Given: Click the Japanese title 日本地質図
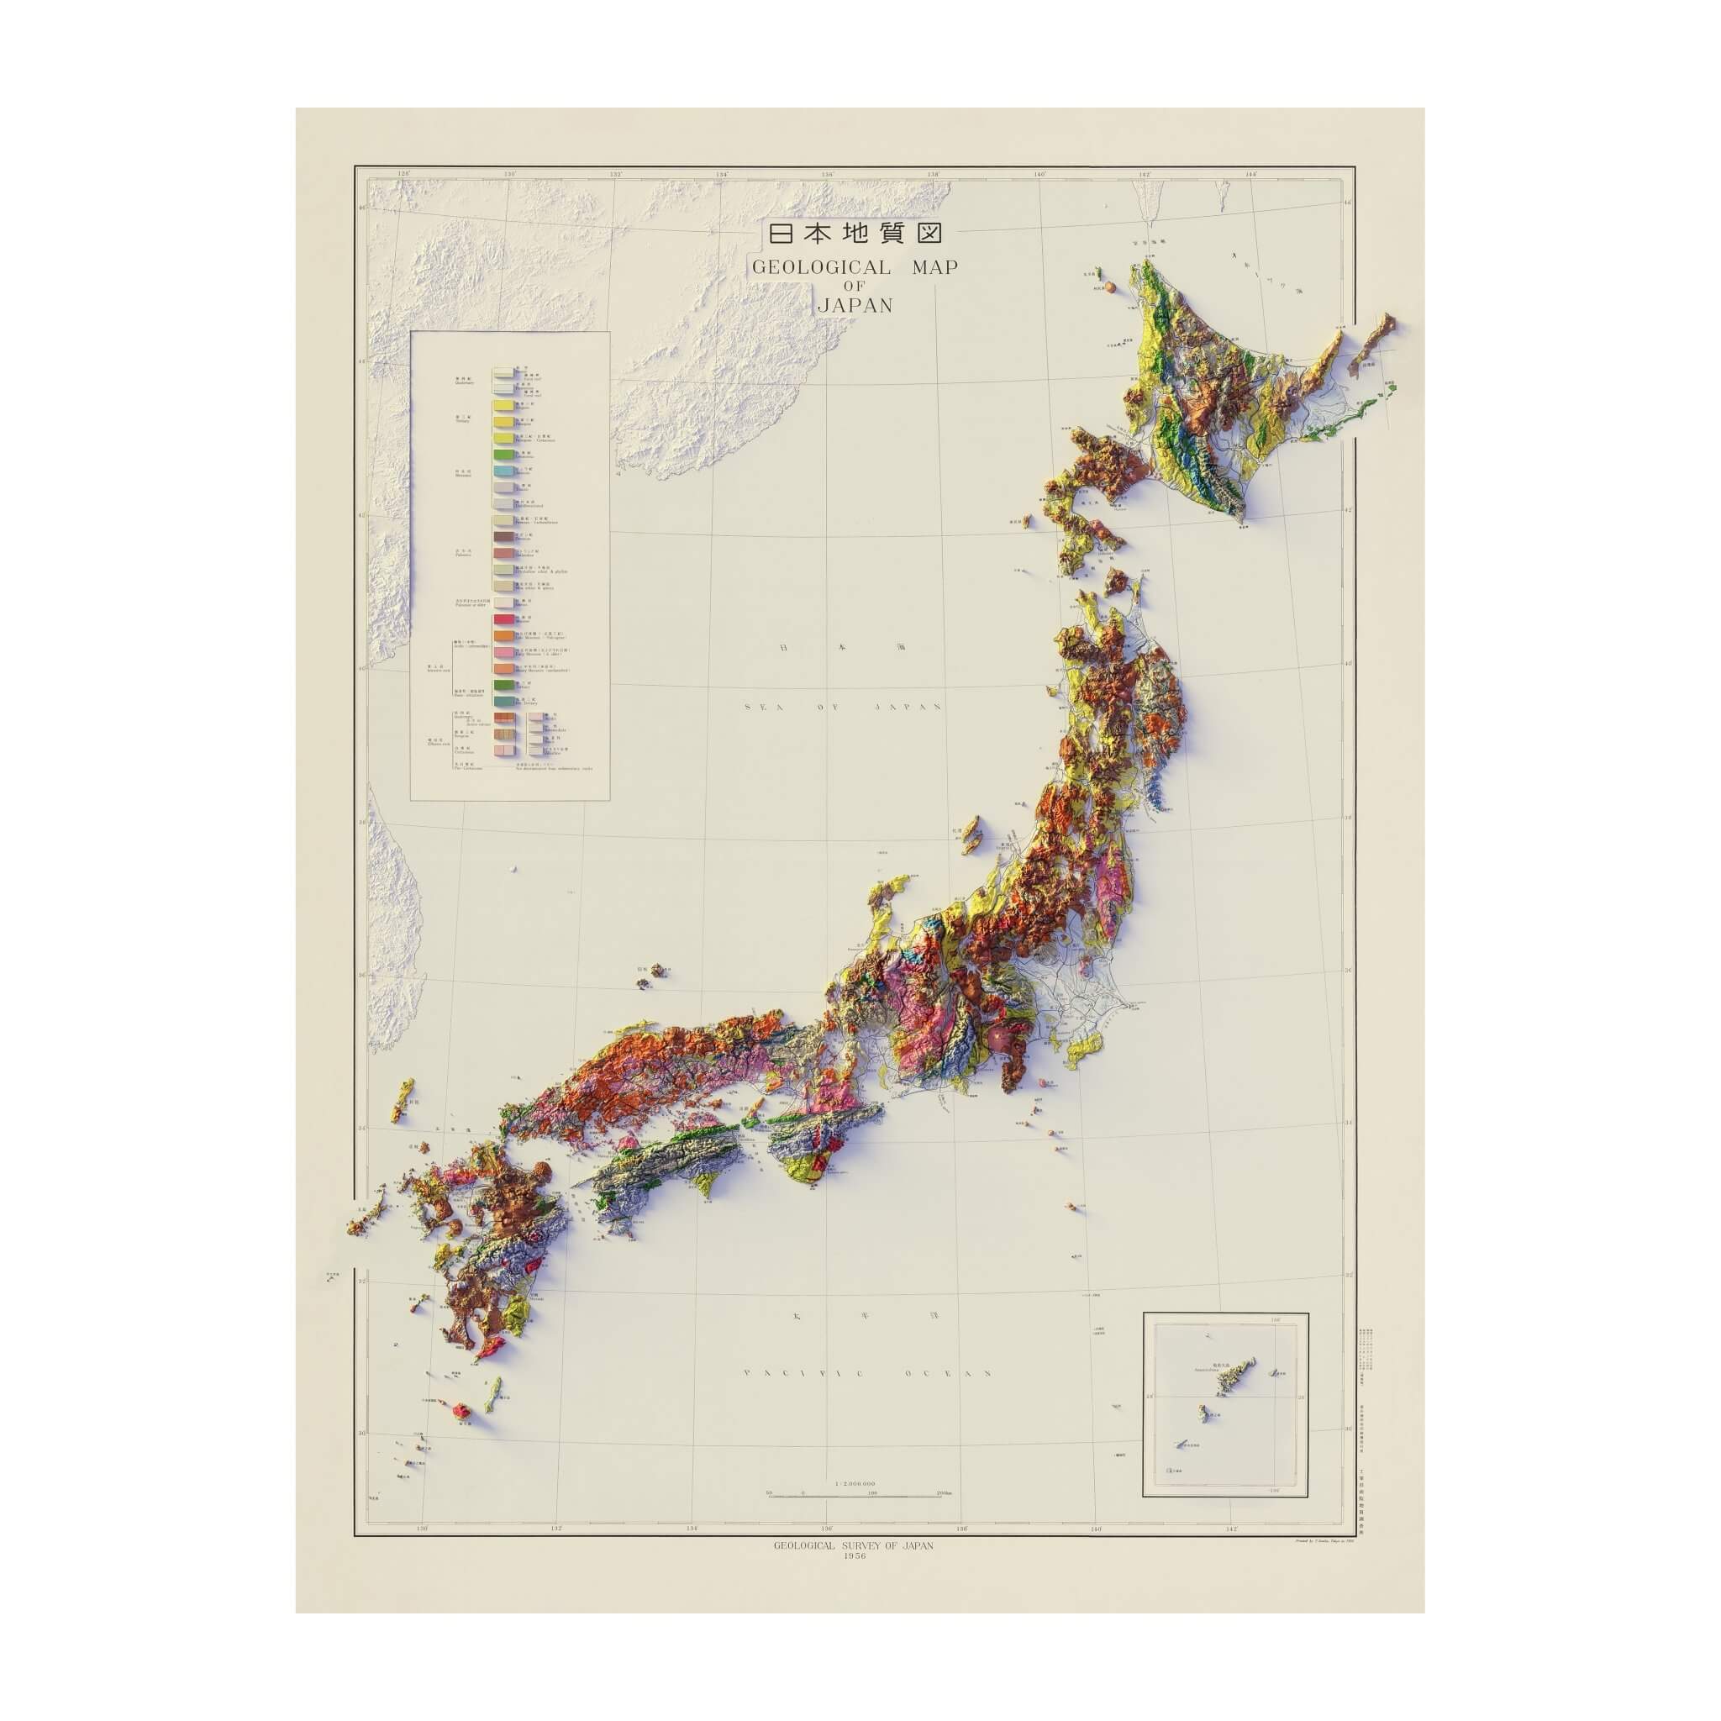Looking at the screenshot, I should (x=855, y=234).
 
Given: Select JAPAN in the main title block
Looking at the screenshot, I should (x=855, y=306).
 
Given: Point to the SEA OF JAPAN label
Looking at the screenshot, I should (x=843, y=707).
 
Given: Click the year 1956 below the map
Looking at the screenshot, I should (x=855, y=1555).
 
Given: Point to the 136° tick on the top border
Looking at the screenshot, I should (x=829, y=175).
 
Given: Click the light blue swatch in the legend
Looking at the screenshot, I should (x=504, y=471).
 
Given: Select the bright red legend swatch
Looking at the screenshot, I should (x=504, y=619).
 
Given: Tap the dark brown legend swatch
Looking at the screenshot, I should (x=504, y=537).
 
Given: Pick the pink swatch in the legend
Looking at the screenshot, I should (x=504, y=652).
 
